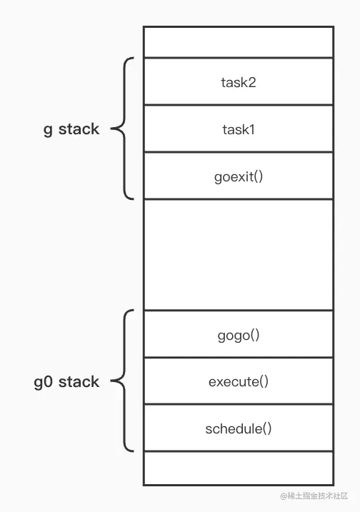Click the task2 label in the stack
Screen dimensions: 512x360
(238, 82)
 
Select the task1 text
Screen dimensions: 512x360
(238, 129)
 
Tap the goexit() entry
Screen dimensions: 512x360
(238, 176)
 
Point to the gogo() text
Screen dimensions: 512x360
(238, 334)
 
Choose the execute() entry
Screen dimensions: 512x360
(238, 381)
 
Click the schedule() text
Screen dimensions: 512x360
(238, 428)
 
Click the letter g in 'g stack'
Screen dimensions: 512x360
(48, 131)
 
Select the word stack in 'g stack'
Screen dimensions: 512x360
(79, 129)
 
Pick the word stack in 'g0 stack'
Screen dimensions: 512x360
(79, 382)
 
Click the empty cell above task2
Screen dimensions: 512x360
(238, 42)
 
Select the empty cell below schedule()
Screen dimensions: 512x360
(238, 468)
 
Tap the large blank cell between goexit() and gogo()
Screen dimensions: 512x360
(238, 255)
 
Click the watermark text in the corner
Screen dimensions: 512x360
(314, 496)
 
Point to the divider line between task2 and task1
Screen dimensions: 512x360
(238, 105)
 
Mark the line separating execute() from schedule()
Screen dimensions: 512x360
(238, 404)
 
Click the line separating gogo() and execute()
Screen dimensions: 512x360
(238, 357)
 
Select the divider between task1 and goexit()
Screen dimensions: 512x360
(238, 152)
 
